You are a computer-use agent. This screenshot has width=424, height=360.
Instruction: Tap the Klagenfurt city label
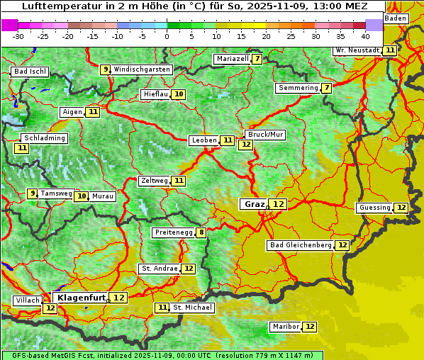(79, 298)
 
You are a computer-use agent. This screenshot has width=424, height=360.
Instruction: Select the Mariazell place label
(232, 59)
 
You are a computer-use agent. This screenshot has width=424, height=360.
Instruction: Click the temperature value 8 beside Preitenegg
(201, 232)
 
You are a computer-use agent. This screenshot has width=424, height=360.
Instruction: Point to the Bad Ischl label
(30, 72)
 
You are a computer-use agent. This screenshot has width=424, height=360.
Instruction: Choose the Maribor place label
(286, 327)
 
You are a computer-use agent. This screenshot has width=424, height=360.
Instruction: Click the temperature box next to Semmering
(326, 88)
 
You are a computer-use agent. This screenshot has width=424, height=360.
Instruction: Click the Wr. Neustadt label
(357, 50)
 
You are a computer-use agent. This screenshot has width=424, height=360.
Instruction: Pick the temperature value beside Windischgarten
(105, 69)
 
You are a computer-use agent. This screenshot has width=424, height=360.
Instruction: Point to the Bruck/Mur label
(265, 134)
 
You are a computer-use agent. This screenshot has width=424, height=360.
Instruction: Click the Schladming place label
(44, 138)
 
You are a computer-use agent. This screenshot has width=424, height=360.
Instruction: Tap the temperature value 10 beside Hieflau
(179, 94)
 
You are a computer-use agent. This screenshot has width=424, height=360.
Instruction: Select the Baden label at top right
(396, 18)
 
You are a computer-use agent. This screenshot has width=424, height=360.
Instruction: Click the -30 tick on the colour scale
(18, 35)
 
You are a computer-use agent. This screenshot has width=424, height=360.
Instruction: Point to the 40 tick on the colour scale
(365, 35)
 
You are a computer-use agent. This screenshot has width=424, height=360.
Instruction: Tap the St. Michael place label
(192, 308)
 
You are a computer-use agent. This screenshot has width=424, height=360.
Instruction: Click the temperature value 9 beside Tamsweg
(32, 193)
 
